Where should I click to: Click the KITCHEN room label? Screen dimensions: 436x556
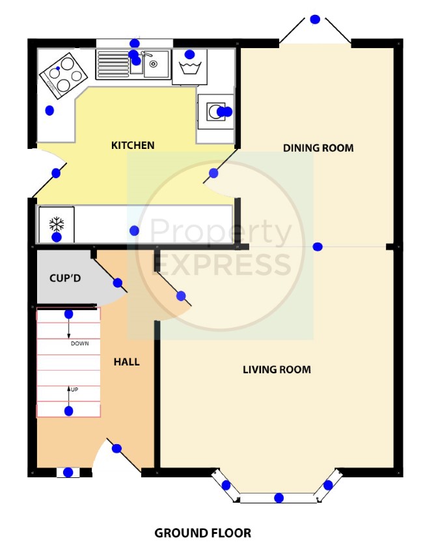(133, 146)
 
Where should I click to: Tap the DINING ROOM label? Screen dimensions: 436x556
(318, 148)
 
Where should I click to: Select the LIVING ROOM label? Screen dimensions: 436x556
(277, 370)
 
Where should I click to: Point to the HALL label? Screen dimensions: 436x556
(127, 362)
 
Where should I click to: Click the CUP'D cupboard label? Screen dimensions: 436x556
(65, 278)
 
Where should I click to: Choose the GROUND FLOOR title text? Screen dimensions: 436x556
(203, 533)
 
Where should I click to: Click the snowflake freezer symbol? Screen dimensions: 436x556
(57, 224)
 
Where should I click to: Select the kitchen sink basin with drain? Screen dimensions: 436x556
(156, 64)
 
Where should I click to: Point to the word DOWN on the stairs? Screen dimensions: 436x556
(80, 343)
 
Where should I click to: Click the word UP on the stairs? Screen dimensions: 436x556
(74, 390)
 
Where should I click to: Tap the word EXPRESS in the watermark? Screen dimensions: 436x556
(222, 265)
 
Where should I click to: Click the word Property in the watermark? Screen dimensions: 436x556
(221, 232)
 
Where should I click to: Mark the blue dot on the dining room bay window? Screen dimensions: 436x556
(315, 20)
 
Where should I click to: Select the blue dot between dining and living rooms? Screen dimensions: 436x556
(318, 247)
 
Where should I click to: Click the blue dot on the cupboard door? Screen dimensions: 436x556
(118, 283)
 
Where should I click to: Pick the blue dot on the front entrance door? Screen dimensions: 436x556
(116, 449)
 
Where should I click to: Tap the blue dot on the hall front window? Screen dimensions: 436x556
(68, 472)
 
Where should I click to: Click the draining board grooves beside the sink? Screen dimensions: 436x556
(113, 64)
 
